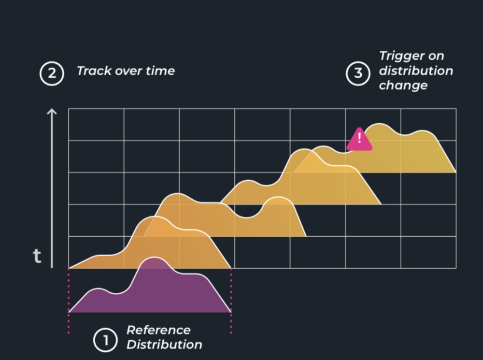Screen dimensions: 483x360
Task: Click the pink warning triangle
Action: [x=359, y=140]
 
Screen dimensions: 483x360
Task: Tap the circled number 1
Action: [x=105, y=340]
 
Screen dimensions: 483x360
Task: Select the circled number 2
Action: [x=52, y=73]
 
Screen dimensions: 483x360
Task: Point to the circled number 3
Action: [x=358, y=73]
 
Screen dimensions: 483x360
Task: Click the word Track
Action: [x=94, y=71]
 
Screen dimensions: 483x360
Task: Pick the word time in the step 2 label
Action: [x=160, y=71]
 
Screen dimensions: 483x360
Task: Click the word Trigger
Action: [x=398, y=57]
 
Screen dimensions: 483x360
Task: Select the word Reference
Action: [x=158, y=330]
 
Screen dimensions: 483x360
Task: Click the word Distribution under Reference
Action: [x=164, y=345]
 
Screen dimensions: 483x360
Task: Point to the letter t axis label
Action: [x=37, y=256]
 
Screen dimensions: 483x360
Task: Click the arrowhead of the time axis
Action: [x=52, y=112]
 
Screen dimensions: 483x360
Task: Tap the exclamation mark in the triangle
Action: [x=359, y=138]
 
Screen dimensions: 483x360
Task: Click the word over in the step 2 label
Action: [x=128, y=71]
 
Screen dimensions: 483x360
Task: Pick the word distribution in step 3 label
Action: [x=416, y=71]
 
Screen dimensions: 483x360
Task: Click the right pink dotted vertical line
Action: [x=231, y=301]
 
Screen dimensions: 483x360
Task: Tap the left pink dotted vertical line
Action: [x=69, y=301]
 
